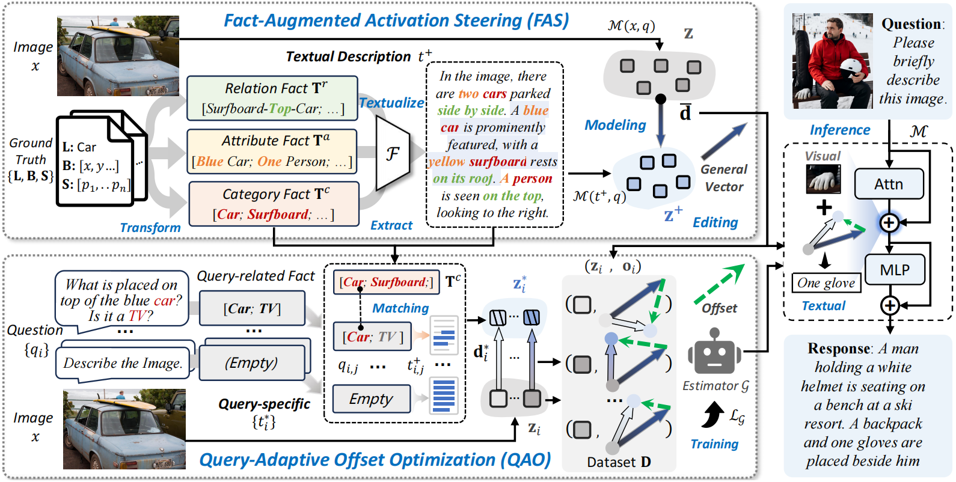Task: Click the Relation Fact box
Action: pos(272,98)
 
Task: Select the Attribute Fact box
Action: pos(272,151)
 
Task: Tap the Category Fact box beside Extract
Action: pos(274,204)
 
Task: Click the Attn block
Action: pos(889,184)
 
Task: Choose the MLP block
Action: pos(895,270)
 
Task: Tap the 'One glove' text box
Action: pos(826,283)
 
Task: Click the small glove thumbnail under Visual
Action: pos(823,179)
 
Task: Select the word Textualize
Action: pos(391,103)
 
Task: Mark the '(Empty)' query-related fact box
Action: pos(252,362)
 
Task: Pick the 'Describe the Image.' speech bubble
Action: pos(123,364)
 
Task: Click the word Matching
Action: pos(400,308)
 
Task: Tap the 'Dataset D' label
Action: pos(619,462)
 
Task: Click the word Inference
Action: pos(840,130)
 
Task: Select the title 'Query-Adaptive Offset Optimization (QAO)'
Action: pos(375,460)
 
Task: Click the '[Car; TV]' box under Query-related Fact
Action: pos(252,308)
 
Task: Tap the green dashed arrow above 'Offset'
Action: pos(720,283)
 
